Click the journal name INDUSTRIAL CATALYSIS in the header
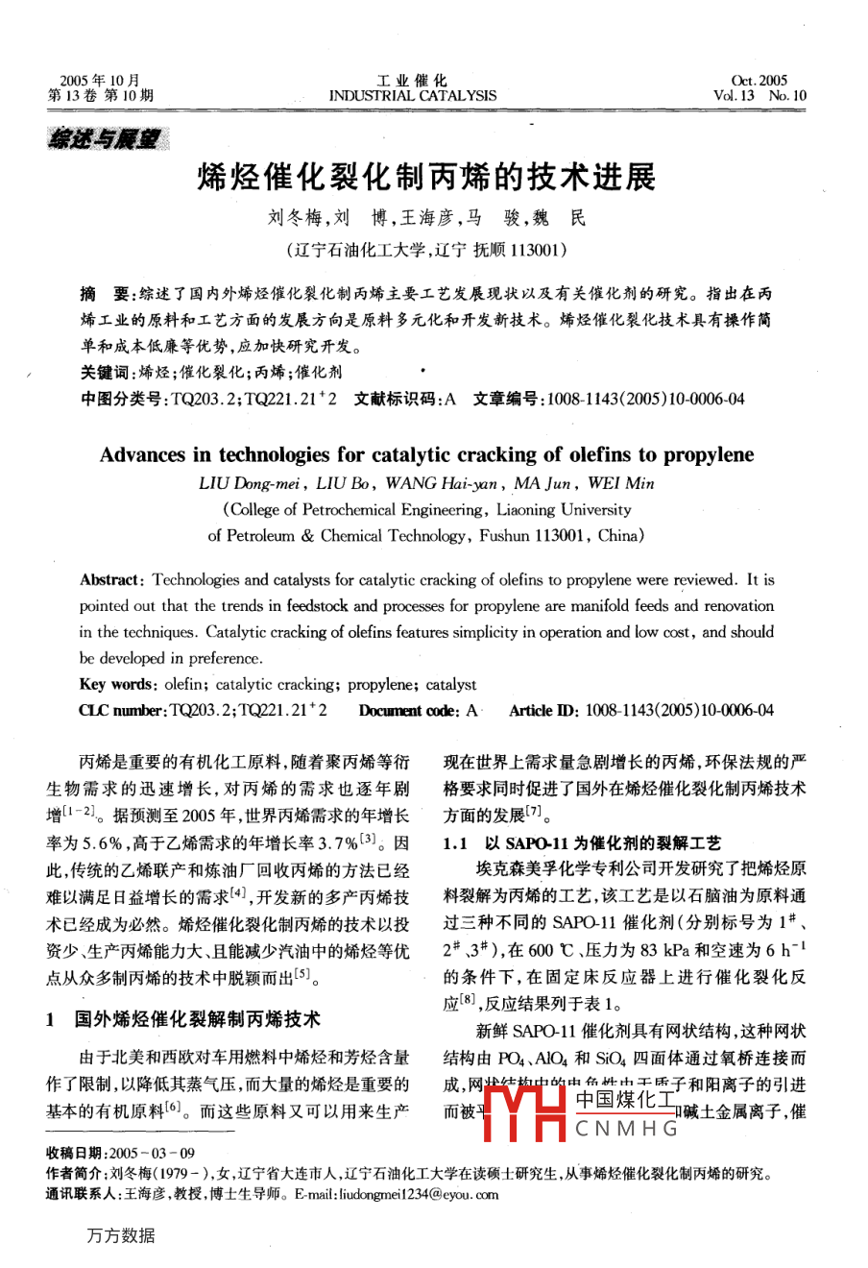click(x=413, y=96)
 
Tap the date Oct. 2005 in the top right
click(x=759, y=81)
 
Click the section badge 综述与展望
click(x=108, y=139)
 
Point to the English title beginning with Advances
click(x=426, y=454)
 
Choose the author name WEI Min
click(x=621, y=483)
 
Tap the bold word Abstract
click(x=111, y=580)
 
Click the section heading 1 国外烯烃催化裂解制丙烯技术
click(x=182, y=1019)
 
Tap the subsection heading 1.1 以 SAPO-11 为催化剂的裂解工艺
click(x=582, y=843)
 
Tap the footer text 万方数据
click(x=120, y=1235)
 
